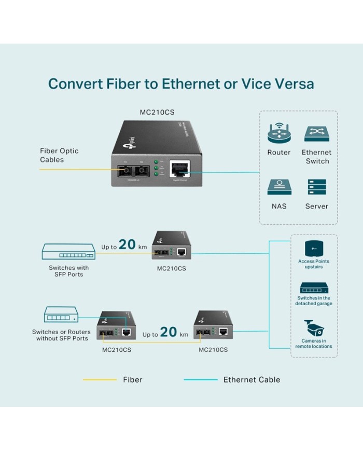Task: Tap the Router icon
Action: pos(279,133)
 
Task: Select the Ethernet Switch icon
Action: pos(317,133)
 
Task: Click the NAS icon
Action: pos(279,187)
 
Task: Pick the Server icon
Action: pos(316,187)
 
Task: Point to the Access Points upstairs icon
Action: pos(314,248)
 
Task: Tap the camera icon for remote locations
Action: pos(314,328)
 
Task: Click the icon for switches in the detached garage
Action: pos(314,288)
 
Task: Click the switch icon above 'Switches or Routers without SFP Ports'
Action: pos(61,315)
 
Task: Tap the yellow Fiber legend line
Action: pos(100,380)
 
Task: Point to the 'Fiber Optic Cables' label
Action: pos(60,155)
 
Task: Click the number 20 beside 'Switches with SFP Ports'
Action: pos(127,244)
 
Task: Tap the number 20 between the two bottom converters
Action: pos(169,332)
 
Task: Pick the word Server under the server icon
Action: pos(316,206)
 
